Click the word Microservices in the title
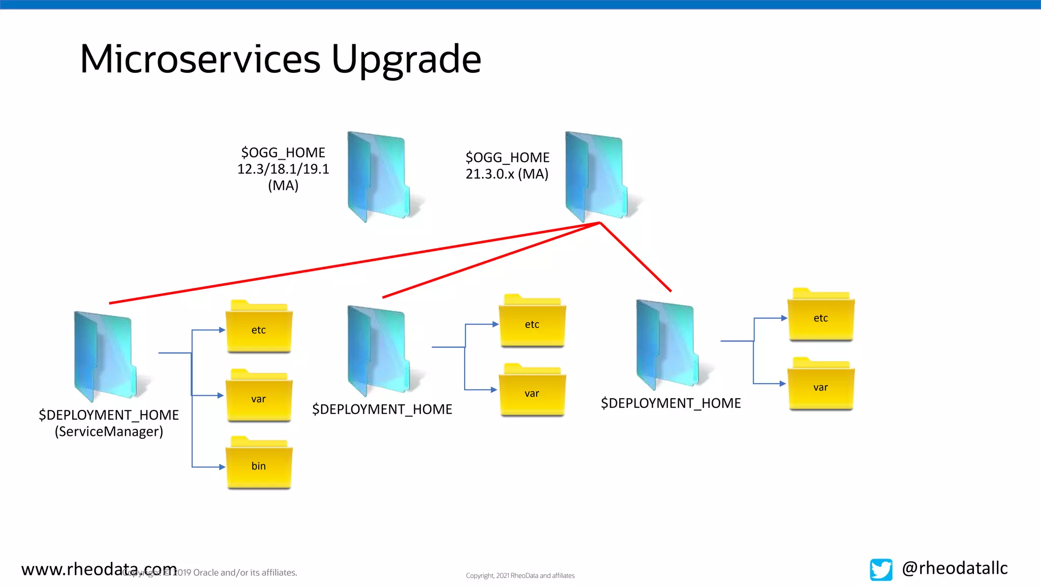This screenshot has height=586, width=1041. (200, 60)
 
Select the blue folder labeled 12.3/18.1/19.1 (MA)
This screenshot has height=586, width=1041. (379, 175)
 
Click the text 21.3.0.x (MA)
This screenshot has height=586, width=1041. (507, 174)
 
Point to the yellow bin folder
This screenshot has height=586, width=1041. (259, 464)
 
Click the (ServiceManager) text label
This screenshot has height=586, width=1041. (109, 431)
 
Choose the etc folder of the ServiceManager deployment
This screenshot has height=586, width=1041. (259, 328)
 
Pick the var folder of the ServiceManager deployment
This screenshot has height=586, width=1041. (259, 397)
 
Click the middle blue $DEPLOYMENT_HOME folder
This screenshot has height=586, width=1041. (379, 350)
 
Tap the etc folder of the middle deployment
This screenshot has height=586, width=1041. (532, 322)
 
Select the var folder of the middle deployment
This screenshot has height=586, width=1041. (532, 391)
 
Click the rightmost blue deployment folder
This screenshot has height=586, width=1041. (667, 344)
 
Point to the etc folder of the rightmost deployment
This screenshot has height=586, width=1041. (820, 316)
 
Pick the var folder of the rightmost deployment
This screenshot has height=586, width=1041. (820, 385)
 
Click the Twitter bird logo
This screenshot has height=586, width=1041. (881, 569)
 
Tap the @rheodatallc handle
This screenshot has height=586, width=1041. (955, 568)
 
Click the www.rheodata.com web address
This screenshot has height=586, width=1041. (99, 569)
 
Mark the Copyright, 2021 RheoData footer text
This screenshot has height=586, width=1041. (520, 575)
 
